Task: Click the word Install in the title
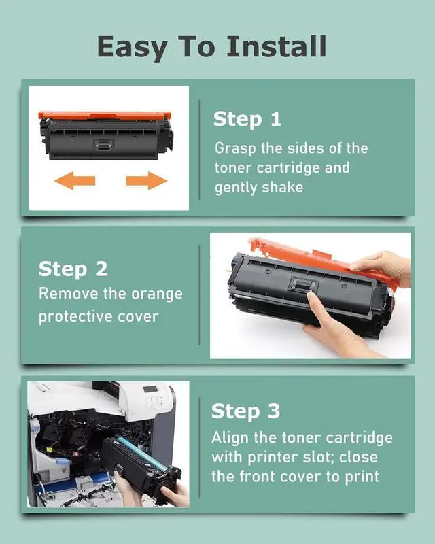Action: [x=277, y=46]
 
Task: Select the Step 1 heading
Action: [x=247, y=120]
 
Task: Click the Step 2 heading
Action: [x=73, y=269]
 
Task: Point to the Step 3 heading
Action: [x=245, y=411]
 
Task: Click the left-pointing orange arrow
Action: [x=75, y=181]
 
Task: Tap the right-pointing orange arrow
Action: [x=147, y=181]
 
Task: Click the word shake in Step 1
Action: [x=282, y=188]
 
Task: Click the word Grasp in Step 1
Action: [x=236, y=148]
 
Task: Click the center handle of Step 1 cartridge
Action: [x=103, y=144]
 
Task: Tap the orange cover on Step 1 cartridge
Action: [x=104, y=115]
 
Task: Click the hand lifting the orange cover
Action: [x=381, y=267]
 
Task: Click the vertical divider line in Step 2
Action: [x=199, y=295]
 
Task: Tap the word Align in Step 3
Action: [x=230, y=439]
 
